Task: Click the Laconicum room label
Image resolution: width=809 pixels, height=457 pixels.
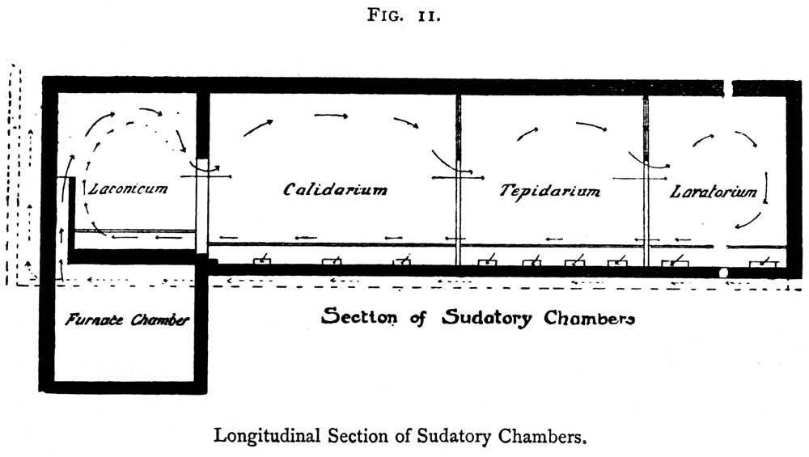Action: pyautogui.click(x=128, y=188)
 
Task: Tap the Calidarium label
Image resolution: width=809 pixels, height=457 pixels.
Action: pyautogui.click(x=335, y=189)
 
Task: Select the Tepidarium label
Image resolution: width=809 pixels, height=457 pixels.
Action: pyautogui.click(x=549, y=192)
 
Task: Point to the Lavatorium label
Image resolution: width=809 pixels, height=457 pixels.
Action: pyautogui.click(x=714, y=192)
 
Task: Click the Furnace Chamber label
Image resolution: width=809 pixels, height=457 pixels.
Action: pyautogui.click(x=127, y=319)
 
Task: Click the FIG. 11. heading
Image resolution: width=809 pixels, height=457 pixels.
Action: pyautogui.click(x=404, y=15)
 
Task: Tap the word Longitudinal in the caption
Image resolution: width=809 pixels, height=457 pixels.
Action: pyautogui.click(x=267, y=436)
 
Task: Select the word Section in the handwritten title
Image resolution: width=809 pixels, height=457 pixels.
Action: pyautogui.click(x=359, y=315)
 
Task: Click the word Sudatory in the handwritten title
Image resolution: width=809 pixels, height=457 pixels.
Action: pyautogui.click(x=486, y=317)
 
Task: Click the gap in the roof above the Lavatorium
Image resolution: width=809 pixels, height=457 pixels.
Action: pyautogui.click(x=727, y=88)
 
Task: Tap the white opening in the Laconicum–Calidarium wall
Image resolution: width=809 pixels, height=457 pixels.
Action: pyautogui.click(x=201, y=205)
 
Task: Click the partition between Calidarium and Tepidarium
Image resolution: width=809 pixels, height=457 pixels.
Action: pyautogui.click(x=458, y=180)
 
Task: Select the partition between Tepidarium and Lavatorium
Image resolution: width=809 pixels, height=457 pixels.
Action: pyautogui.click(x=646, y=181)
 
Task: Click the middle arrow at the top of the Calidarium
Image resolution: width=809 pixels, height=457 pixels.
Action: pyautogui.click(x=331, y=116)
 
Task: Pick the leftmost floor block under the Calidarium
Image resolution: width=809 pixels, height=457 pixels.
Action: pyautogui.click(x=262, y=261)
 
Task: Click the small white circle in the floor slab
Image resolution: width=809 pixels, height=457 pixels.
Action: pyautogui.click(x=723, y=273)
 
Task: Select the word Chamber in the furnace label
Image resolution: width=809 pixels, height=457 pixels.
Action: pyautogui.click(x=160, y=319)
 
